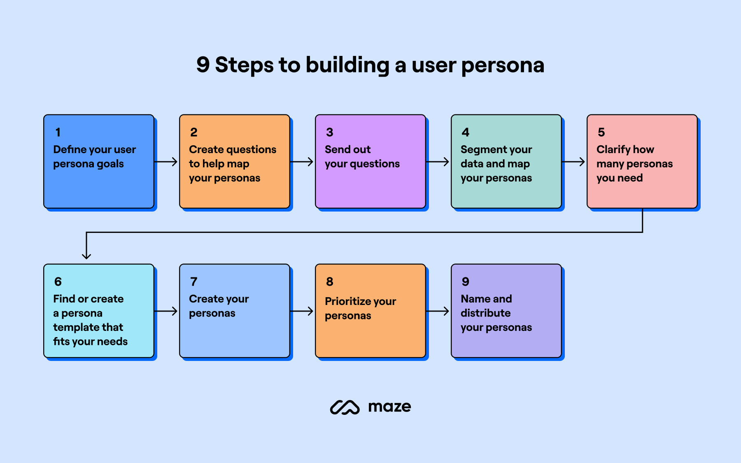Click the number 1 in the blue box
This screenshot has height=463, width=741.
point(58,132)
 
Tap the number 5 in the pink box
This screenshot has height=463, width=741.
point(601,132)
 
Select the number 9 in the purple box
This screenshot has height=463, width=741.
point(465,282)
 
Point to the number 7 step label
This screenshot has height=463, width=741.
point(193,282)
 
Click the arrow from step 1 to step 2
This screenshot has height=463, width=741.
point(166,162)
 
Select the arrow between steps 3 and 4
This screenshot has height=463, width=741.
point(438,162)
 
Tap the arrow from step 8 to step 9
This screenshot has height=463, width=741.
point(438,311)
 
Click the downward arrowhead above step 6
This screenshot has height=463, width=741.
point(86,256)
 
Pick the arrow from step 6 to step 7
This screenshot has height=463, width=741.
point(166,311)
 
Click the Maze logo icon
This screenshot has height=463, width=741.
point(345,407)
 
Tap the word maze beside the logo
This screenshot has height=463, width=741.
point(389,407)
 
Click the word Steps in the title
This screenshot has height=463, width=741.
point(244,65)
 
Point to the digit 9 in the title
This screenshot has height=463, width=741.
point(203,65)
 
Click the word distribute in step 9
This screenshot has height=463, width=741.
point(485,313)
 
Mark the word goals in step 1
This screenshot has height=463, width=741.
point(110,164)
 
